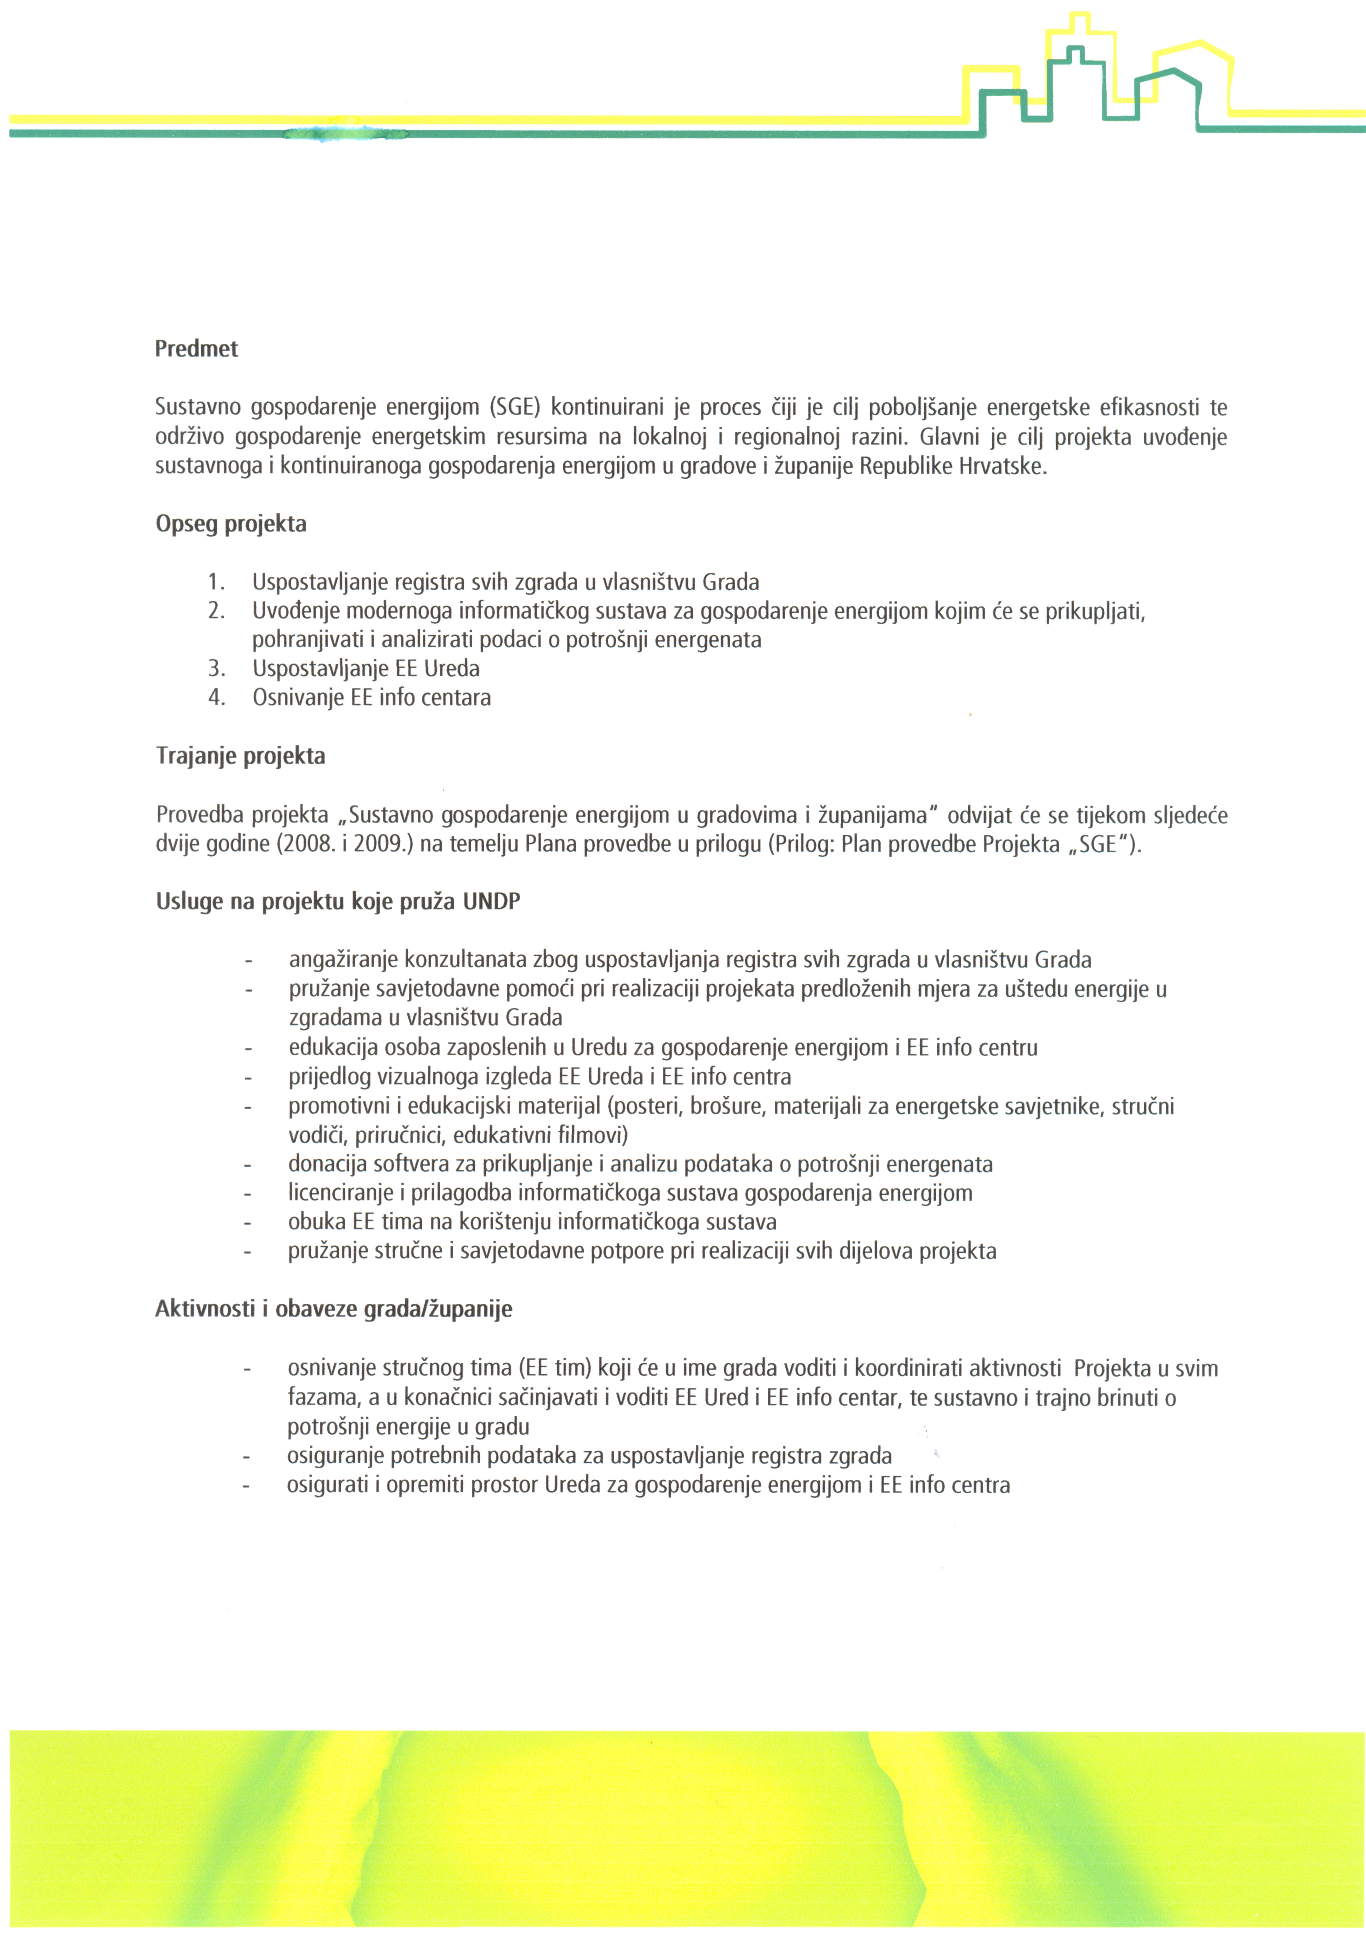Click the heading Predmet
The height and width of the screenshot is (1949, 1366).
coord(196,349)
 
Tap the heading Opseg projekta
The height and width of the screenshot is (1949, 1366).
coord(231,524)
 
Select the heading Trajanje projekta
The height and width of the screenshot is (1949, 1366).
coord(240,756)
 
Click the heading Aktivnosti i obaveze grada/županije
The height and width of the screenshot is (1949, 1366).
coord(334,1309)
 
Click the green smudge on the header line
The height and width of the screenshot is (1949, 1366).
coord(344,133)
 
